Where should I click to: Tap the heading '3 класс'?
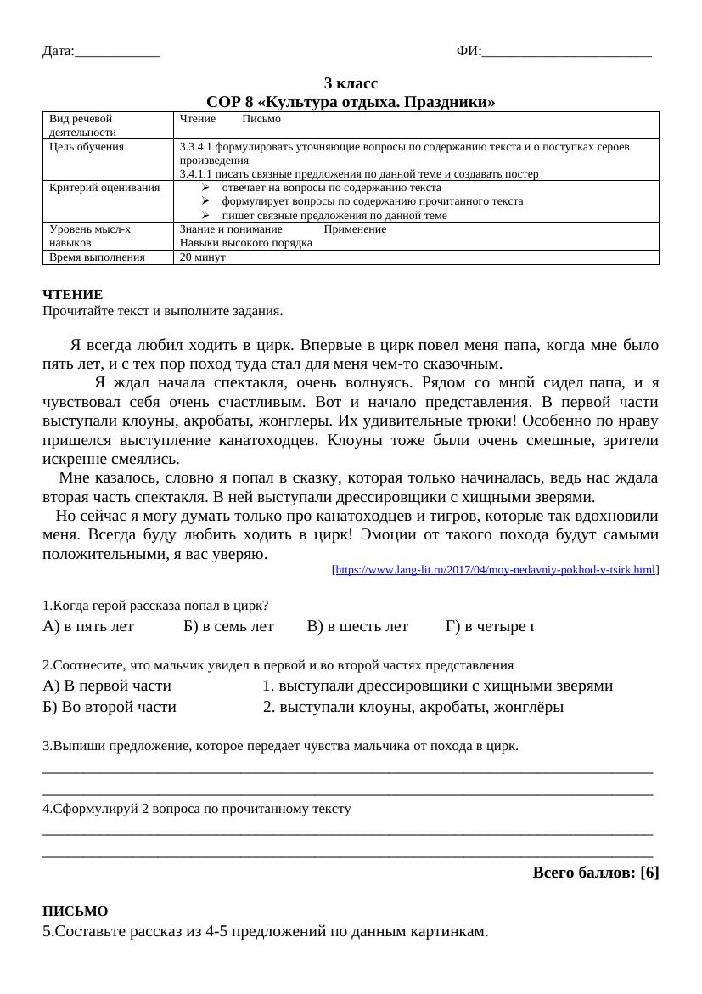click(351, 84)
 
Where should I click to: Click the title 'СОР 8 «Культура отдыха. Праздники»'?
click(351, 103)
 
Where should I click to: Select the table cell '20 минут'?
click(203, 257)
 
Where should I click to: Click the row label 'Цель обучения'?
click(87, 147)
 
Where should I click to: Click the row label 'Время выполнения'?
click(97, 257)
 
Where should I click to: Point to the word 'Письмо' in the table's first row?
click(261, 120)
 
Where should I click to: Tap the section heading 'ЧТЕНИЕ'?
click(72, 294)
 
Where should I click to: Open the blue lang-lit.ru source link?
click(496, 571)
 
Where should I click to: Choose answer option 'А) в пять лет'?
click(88, 627)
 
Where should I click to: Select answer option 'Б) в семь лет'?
click(228, 627)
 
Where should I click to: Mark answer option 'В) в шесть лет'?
click(357, 627)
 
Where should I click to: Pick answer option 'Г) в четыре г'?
click(491, 627)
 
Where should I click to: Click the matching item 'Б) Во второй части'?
click(110, 707)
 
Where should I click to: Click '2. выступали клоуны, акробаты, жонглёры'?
click(413, 707)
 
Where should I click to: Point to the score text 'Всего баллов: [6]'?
click(596, 873)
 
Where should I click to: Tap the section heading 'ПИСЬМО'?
click(76, 911)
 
